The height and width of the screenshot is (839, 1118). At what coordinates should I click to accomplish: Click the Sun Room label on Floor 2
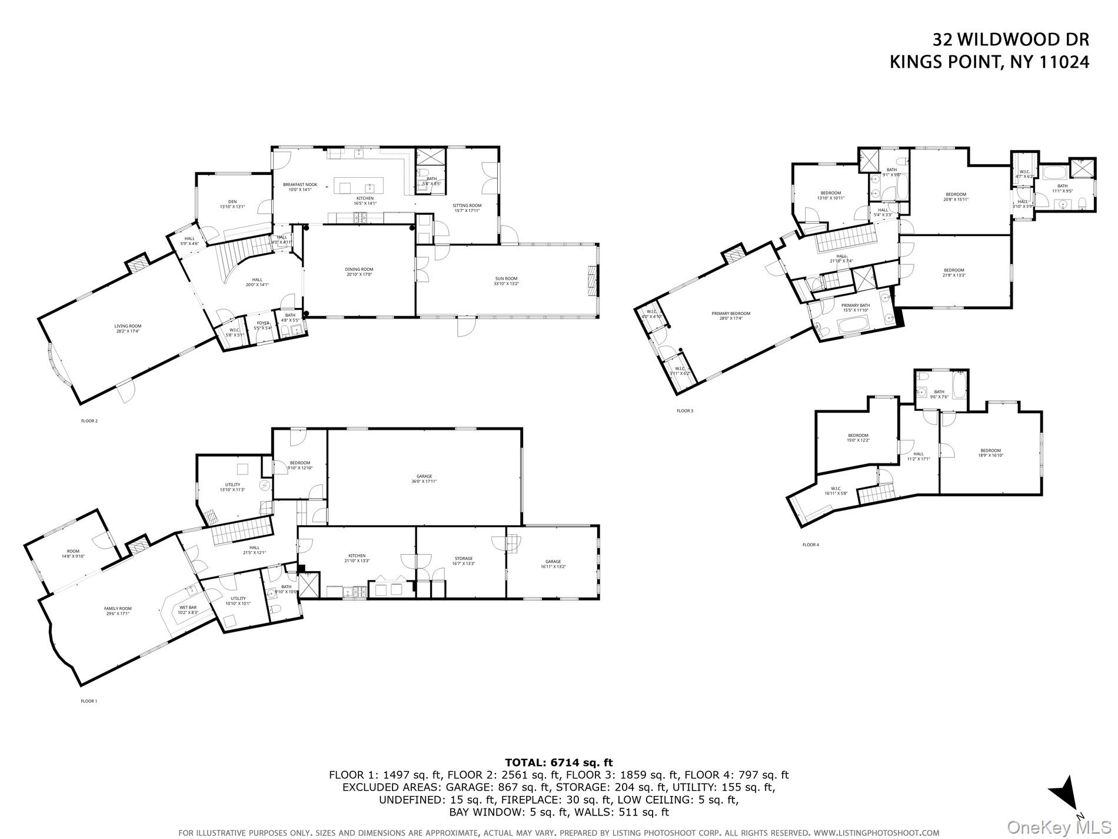tap(506, 281)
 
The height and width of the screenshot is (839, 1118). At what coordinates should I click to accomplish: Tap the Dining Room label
tap(359, 272)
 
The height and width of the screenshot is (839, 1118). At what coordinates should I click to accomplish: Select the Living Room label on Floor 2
tap(128, 329)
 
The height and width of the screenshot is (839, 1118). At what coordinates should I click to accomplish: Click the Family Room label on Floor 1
tap(118, 611)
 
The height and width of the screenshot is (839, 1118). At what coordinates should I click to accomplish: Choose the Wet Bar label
tap(188, 609)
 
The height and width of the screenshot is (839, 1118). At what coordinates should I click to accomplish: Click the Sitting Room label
tap(467, 208)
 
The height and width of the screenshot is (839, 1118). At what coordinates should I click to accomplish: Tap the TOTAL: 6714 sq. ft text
tap(558, 762)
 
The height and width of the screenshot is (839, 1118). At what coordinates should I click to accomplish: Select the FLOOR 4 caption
tap(810, 545)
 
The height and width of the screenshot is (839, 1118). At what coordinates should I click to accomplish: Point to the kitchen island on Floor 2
tap(359, 185)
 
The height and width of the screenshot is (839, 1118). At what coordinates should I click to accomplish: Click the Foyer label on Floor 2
tap(262, 326)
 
